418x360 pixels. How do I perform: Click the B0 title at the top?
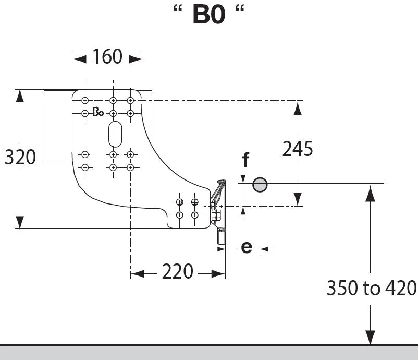208,15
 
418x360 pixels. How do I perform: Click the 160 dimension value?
107,56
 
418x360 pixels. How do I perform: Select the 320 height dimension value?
20,157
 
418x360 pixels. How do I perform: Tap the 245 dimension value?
298,149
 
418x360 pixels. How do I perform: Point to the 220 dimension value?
178,271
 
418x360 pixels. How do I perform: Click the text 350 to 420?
372,288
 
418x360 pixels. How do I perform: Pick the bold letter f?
246,159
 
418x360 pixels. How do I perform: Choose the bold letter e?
247,247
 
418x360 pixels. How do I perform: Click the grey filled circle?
260,185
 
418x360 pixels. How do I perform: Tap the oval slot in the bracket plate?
115,134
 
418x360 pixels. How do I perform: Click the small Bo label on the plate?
98,112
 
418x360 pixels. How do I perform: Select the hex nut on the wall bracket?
216,215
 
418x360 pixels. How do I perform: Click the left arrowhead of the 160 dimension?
79,59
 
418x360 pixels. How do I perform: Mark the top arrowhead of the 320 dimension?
20,96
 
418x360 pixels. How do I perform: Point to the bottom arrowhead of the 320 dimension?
20,222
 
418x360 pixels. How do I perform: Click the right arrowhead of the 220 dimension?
218,273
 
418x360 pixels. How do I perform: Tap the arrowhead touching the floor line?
370,338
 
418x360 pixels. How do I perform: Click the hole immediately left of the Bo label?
85,113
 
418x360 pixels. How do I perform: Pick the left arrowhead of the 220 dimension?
138,273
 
